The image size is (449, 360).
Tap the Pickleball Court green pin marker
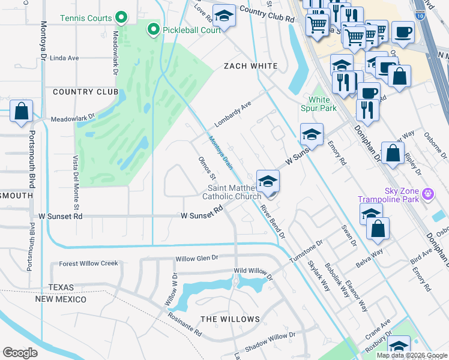pos(154,29)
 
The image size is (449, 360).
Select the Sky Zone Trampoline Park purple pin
pos(427,194)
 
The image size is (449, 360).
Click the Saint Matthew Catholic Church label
pos(231,192)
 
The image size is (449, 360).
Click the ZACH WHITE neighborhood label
pos(250,66)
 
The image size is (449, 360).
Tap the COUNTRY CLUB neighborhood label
pos(85,92)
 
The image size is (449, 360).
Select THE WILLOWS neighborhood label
pos(230,319)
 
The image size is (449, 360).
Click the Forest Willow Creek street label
pos(88,263)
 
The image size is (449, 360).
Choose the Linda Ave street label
pos(65,58)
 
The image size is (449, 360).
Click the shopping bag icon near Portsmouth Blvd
pos(21,112)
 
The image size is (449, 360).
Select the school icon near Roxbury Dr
pos(399,346)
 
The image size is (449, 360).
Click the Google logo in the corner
pos(20,353)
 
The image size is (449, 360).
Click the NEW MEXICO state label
pos(61,299)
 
